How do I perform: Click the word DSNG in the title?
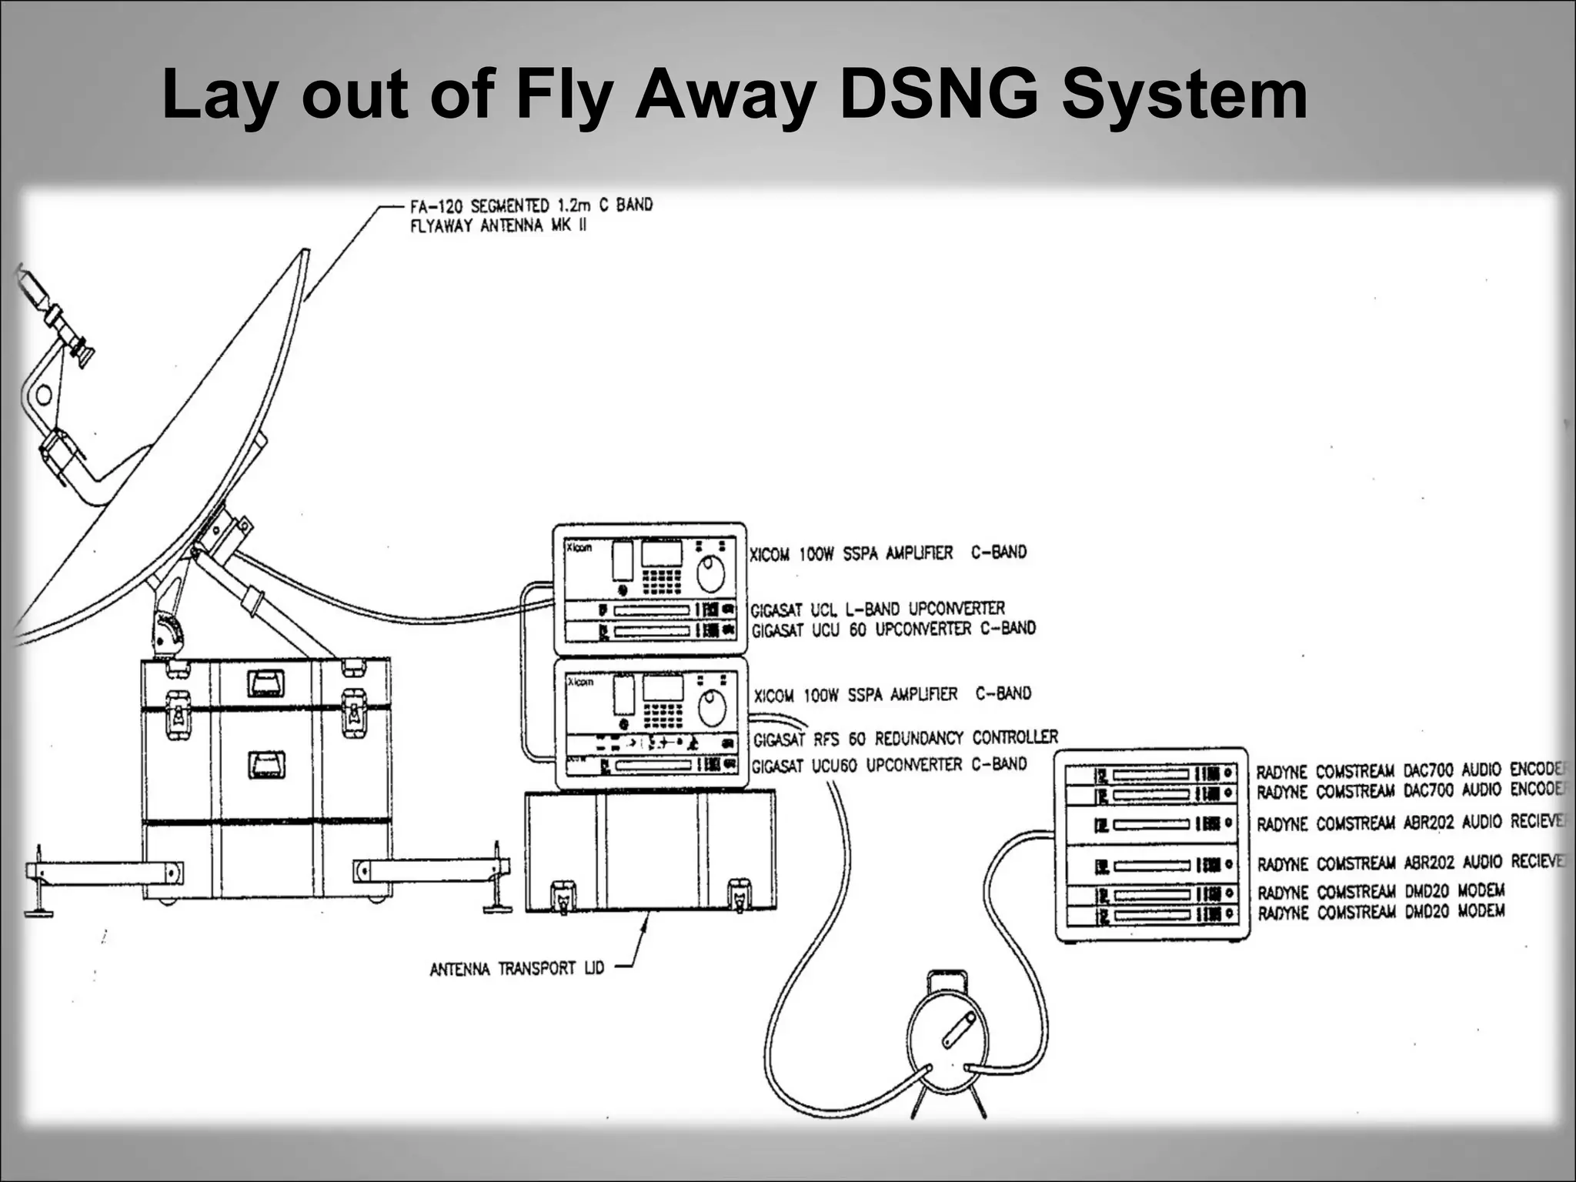(x=938, y=95)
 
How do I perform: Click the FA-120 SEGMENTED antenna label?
(x=531, y=215)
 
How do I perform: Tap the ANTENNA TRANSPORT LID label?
(x=517, y=968)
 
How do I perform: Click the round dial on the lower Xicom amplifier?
(x=713, y=708)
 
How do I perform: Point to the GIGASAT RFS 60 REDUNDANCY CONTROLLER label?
(x=905, y=739)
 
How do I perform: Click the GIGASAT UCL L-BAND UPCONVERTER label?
(x=877, y=609)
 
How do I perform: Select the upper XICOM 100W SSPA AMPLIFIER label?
(x=887, y=553)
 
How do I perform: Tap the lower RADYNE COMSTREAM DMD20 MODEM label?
(x=1381, y=913)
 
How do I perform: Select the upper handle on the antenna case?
(x=265, y=683)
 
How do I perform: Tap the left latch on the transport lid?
(x=563, y=897)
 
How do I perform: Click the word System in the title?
(x=1184, y=95)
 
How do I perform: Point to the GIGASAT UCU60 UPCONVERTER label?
(x=889, y=766)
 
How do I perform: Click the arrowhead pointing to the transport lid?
(x=644, y=920)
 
